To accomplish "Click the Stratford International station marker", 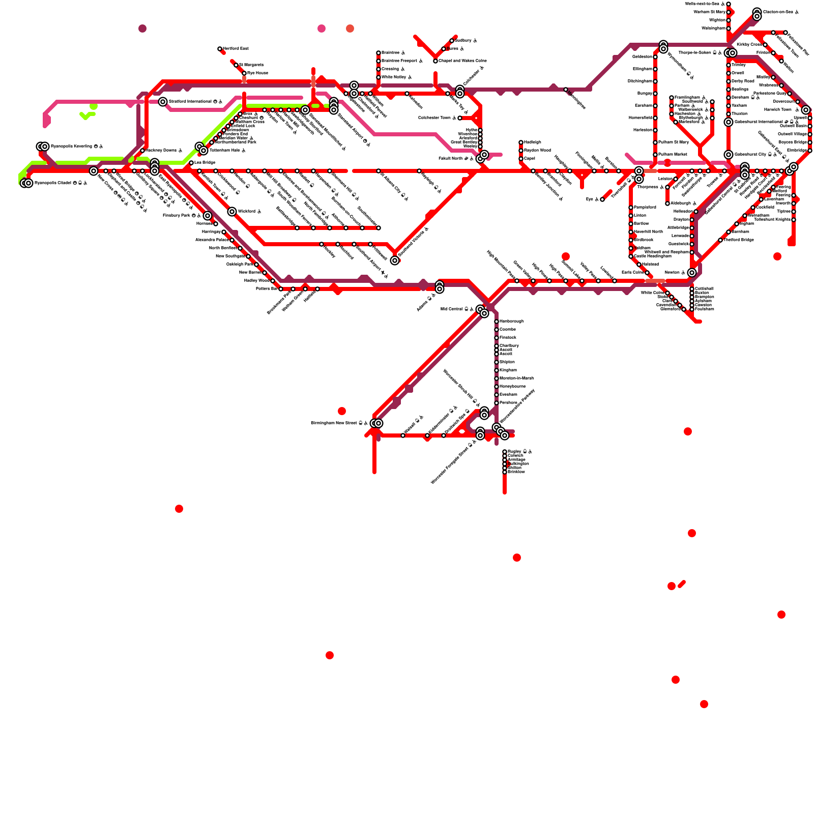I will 163,102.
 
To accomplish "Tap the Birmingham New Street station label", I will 336,423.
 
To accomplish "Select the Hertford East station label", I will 236,49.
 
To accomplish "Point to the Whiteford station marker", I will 232,212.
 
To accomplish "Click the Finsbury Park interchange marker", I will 208,216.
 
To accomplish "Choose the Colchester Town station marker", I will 460,118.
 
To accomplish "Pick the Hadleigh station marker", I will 521,142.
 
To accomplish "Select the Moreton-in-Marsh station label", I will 516,379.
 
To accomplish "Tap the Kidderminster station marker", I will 427,435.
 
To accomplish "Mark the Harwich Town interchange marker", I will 806,110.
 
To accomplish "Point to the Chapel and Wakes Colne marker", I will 435,61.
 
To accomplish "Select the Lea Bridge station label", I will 205,163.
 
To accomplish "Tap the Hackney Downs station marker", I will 142,151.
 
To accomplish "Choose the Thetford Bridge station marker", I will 720,240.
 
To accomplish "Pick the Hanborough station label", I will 511,322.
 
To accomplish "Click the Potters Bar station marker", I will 281,289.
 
